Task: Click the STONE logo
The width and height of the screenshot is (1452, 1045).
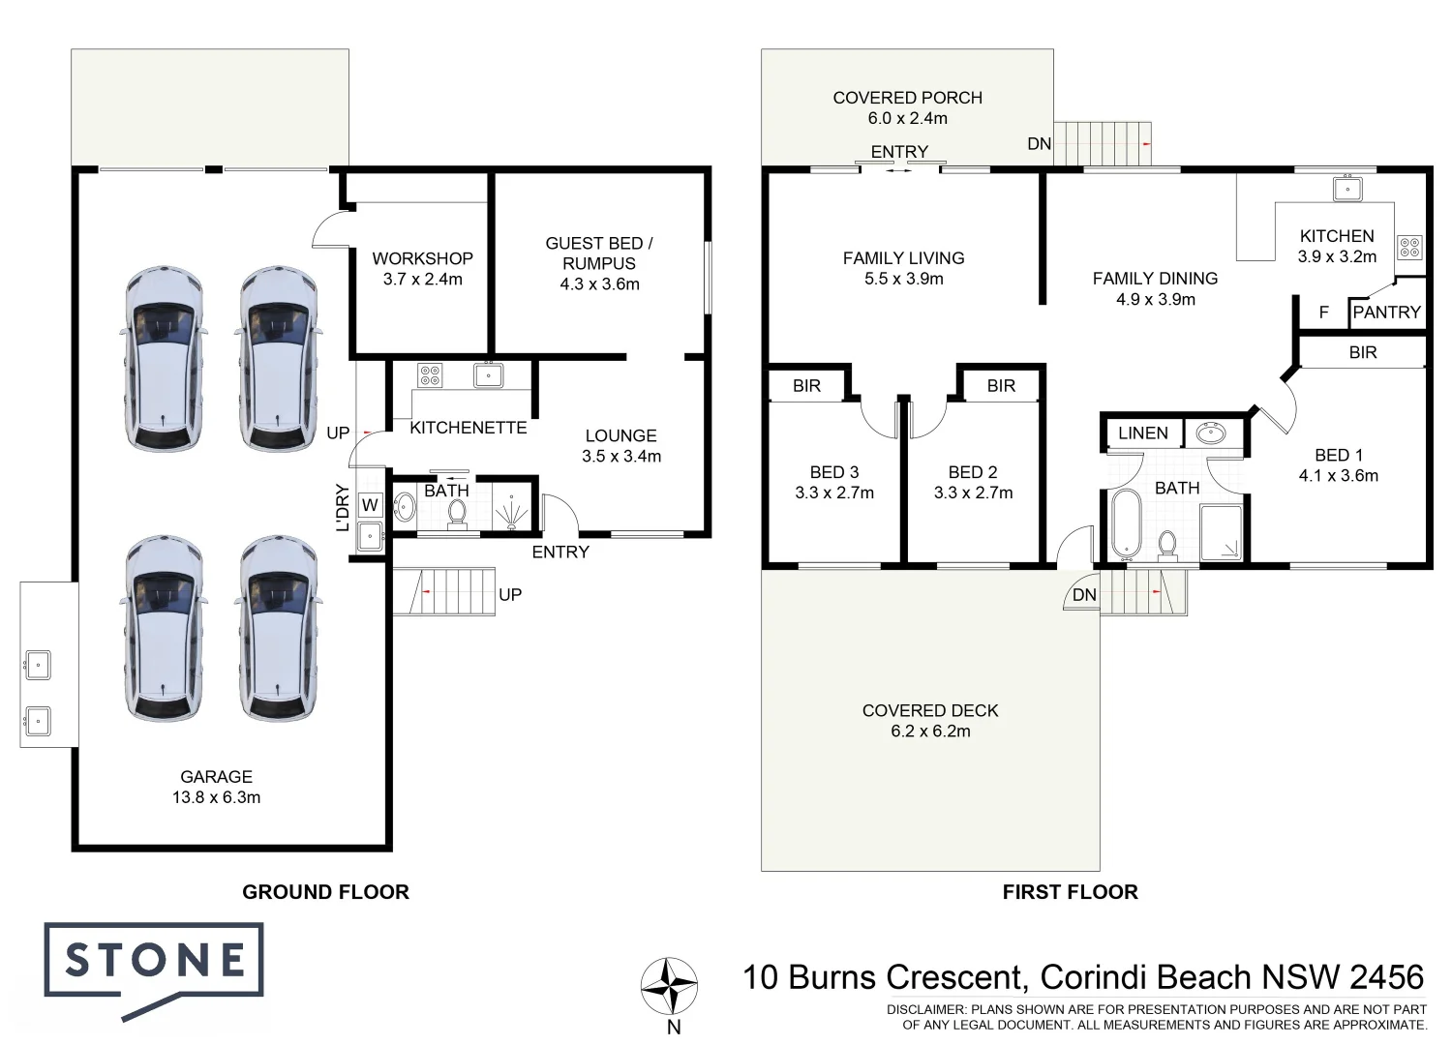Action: click(154, 962)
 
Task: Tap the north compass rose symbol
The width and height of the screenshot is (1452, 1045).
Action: click(669, 986)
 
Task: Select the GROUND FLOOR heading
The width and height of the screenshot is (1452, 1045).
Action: click(325, 892)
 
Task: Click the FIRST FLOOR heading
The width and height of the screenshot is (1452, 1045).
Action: click(1070, 892)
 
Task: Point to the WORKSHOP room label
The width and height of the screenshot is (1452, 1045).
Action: click(422, 258)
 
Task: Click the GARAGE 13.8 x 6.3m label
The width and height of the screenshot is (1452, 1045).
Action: click(216, 787)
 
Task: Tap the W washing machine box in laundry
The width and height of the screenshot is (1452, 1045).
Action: click(370, 505)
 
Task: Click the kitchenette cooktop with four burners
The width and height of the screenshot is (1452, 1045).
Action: click(430, 375)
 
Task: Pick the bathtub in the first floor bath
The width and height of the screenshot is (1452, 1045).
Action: click(1125, 524)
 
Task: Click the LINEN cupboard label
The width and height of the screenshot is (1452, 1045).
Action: click(1142, 433)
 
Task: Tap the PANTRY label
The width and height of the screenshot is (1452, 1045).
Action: click(1386, 313)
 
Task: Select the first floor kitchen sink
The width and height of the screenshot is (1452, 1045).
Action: click(1346, 189)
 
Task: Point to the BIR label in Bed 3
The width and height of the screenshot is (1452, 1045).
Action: click(806, 386)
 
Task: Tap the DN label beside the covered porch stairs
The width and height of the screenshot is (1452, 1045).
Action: click(1039, 144)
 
